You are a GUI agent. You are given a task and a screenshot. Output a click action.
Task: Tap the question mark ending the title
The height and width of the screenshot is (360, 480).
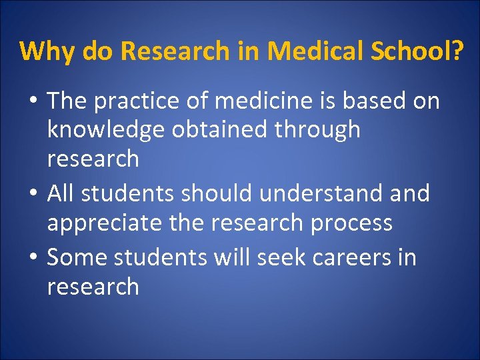(455, 51)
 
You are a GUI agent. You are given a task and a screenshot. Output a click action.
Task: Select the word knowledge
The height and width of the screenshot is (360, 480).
(105, 130)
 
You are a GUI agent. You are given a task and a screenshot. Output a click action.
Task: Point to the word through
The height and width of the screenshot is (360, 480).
(315, 130)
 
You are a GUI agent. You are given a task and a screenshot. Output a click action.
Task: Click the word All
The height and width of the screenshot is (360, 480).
(61, 193)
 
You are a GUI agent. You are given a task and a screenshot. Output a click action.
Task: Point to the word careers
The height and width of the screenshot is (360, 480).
(345, 257)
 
